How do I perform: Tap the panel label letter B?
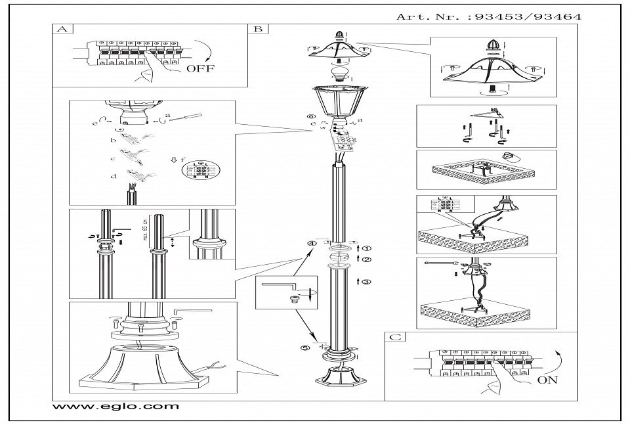click(x=257, y=30)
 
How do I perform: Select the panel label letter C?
click(x=393, y=337)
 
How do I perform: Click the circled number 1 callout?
click(x=366, y=248)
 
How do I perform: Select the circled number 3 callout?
click(x=366, y=281)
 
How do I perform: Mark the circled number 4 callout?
click(x=313, y=244)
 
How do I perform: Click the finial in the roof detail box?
click(x=492, y=47)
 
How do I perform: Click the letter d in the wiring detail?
click(x=114, y=175)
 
